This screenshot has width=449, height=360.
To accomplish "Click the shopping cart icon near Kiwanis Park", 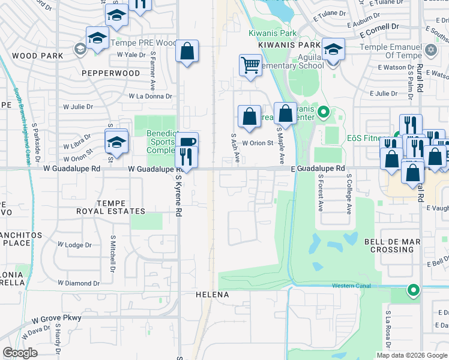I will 250,65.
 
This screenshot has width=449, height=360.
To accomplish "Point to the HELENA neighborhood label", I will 212,295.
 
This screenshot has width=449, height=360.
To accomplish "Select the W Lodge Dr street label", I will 75,245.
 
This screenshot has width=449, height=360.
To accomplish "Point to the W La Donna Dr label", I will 150,96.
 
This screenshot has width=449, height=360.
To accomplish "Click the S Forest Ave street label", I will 321,197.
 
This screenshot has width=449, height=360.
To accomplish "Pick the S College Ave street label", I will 349,194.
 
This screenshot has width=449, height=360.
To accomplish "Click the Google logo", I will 20,353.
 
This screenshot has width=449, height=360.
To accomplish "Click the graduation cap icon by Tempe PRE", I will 97,38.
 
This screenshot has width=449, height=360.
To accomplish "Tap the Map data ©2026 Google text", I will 412,355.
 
